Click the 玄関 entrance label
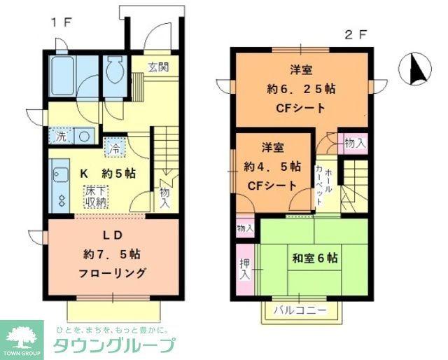pos(157,67)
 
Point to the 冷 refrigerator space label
pos(113,148)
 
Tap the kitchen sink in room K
pos(59,175)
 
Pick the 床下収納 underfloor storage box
pos(96,197)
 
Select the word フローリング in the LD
pos(113,273)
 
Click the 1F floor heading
pos(60,22)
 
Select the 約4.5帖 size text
pos(272,167)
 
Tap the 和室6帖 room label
pos(314,258)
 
